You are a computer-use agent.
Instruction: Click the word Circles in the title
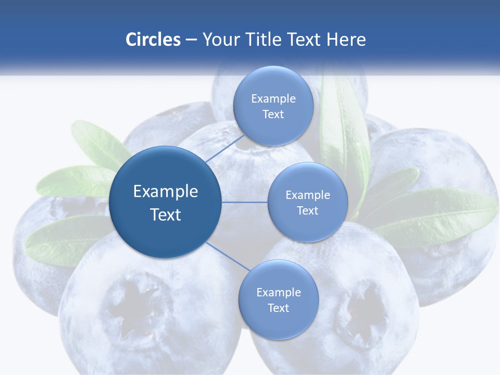153,40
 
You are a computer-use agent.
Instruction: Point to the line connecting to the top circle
225,148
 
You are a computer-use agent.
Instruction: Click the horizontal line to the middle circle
244,202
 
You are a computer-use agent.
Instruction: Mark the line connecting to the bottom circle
228,257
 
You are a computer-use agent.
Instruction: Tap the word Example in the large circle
166,192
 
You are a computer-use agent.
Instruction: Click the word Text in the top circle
273,115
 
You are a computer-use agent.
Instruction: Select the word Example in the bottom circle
278,292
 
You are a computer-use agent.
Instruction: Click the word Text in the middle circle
307,210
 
